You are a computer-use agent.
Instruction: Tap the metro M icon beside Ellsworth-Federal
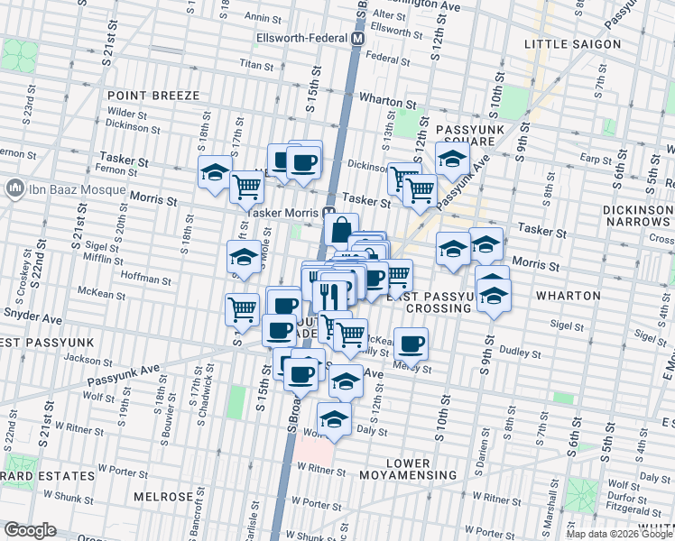358,40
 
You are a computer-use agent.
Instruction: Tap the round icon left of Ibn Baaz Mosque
14,190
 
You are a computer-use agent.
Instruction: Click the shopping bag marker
340,230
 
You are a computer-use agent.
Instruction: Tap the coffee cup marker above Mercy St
411,344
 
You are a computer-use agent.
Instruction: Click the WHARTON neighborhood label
568,296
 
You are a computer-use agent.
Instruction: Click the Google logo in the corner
30,530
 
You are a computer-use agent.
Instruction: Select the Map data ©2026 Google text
618,534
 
